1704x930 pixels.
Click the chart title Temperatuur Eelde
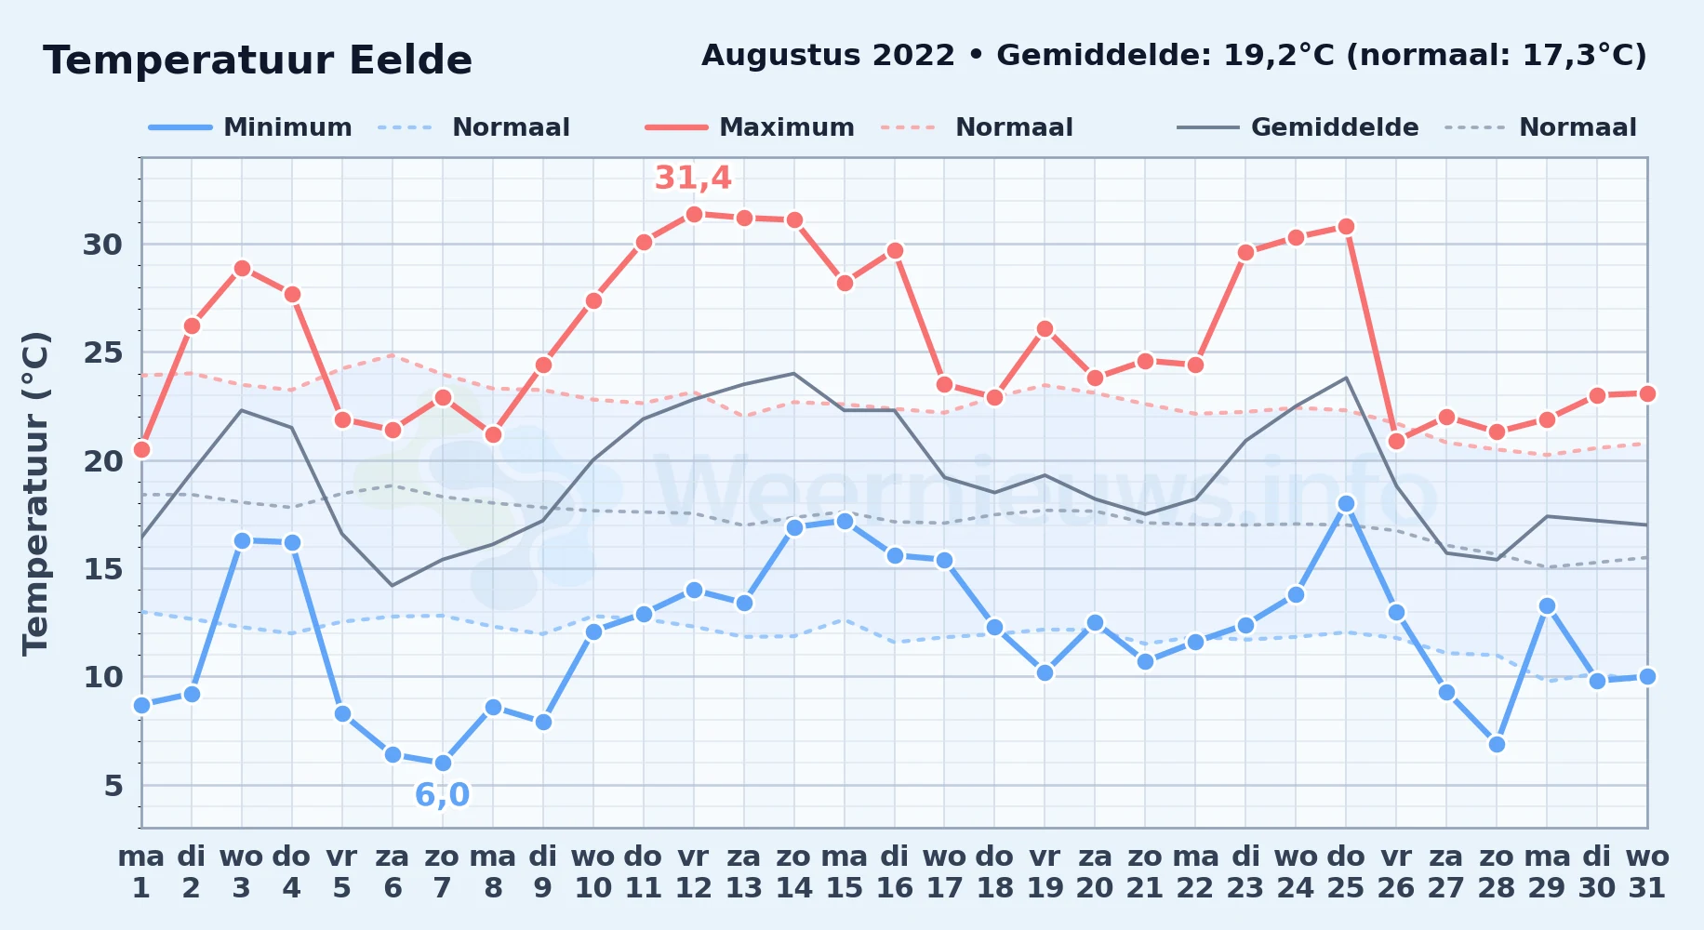[x=258, y=60]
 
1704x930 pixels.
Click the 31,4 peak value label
[x=693, y=178]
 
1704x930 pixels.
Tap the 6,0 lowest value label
[x=442, y=795]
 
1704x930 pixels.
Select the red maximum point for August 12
[x=693, y=214]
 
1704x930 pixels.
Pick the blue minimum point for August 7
[x=443, y=763]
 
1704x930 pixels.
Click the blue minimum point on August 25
[x=1346, y=503]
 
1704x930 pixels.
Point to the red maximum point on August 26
[x=1396, y=441]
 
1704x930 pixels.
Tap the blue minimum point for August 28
[x=1497, y=744]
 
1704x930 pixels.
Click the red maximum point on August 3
[x=242, y=268]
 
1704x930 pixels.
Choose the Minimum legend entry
[x=250, y=127]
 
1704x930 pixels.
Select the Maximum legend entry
[x=750, y=127]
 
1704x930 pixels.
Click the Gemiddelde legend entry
[x=1298, y=127]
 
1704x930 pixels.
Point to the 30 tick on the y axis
[x=102, y=245]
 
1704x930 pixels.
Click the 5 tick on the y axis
[x=113, y=786]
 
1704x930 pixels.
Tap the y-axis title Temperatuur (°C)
[x=35, y=493]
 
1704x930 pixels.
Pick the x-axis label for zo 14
[x=793, y=871]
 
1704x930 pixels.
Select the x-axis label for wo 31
[x=1647, y=871]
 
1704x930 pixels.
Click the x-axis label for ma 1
[x=141, y=871]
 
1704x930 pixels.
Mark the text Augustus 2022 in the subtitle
[x=828, y=56]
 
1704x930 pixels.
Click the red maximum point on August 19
[x=1045, y=328]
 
